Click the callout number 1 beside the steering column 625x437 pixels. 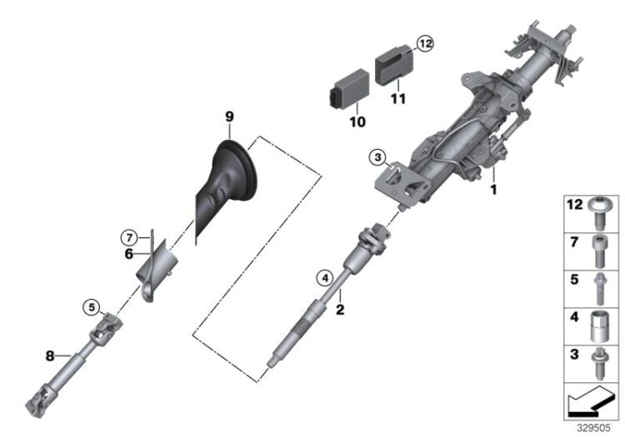pos(493,190)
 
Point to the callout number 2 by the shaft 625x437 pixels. pos(340,310)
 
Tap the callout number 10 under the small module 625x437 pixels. pos(357,122)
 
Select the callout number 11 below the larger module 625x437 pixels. pos(398,97)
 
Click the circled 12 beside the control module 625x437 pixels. pos(425,44)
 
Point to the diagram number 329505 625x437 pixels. pos(597,427)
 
